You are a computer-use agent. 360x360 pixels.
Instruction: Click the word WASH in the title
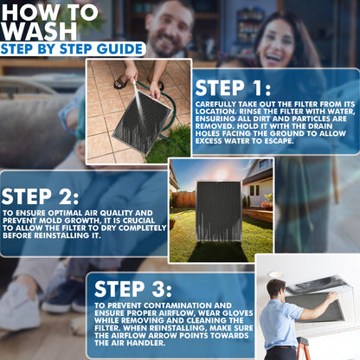pyautogui.click(x=40, y=31)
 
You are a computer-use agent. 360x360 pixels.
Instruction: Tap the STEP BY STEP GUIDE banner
pyautogui.click(x=72, y=49)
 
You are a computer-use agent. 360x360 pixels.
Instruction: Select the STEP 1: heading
pyautogui.click(x=233, y=87)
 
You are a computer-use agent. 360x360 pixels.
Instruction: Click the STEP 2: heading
pyautogui.click(x=40, y=196)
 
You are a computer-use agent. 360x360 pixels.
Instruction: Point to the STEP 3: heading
pyautogui.click(x=133, y=289)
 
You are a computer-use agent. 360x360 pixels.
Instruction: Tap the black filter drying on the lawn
pyautogui.click(x=219, y=211)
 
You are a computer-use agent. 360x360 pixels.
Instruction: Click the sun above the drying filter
pyautogui.click(x=222, y=173)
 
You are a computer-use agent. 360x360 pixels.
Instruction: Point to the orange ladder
pyautogui.click(x=302, y=349)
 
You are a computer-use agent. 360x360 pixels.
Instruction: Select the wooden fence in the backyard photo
pyautogui.click(x=184, y=200)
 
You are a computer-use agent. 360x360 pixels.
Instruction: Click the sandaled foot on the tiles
pyautogui.click(x=121, y=81)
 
